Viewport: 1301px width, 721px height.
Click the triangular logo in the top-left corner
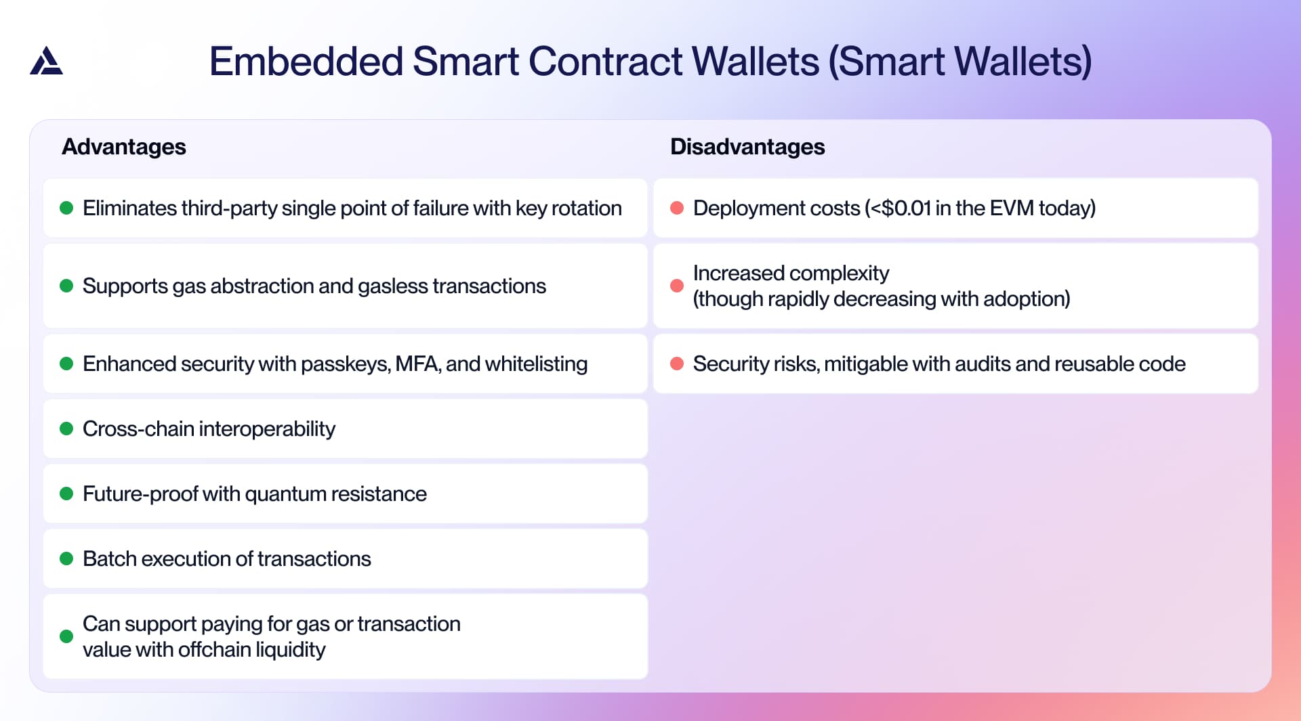coord(46,61)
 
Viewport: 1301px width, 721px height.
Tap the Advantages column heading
coord(123,147)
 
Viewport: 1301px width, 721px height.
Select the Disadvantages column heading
coord(747,147)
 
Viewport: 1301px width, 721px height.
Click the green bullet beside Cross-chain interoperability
coord(66,429)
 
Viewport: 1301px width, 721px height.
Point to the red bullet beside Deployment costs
coord(676,208)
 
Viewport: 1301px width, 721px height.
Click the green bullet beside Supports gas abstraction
coord(66,286)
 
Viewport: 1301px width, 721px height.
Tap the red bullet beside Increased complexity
coord(676,286)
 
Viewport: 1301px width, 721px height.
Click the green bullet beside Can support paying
coord(66,636)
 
